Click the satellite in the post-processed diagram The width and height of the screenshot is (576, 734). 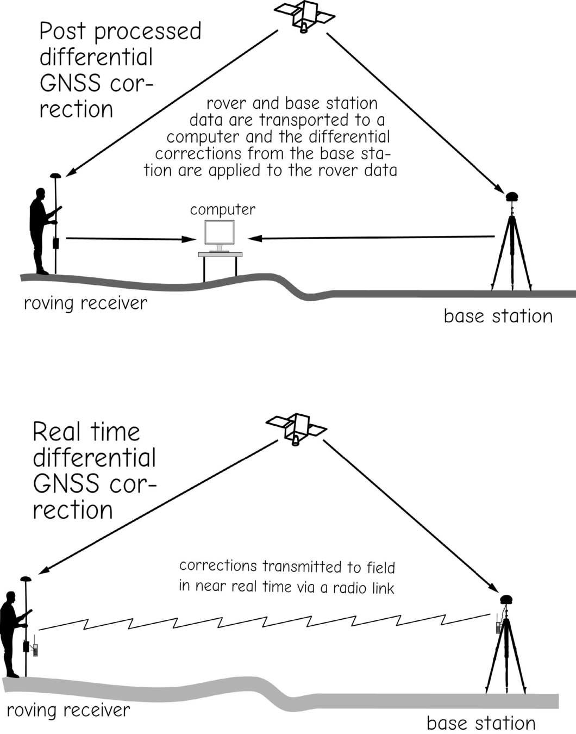[x=304, y=15]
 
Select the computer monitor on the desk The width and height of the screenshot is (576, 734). [x=220, y=233]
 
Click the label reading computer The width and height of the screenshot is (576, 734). [x=223, y=209]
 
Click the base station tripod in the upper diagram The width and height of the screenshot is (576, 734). [x=511, y=250]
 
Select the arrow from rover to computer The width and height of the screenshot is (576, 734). [x=130, y=239]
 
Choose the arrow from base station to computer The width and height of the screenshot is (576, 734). [x=370, y=238]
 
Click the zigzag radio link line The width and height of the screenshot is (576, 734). [x=266, y=621]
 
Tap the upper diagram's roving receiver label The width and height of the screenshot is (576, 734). [x=85, y=303]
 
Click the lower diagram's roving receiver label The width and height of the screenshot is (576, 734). [x=68, y=710]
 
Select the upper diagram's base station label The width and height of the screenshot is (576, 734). [x=498, y=316]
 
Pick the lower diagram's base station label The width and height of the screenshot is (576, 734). [x=481, y=723]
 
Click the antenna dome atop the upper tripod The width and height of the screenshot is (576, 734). [x=512, y=196]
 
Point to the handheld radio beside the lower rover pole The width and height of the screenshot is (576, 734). [x=35, y=649]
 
